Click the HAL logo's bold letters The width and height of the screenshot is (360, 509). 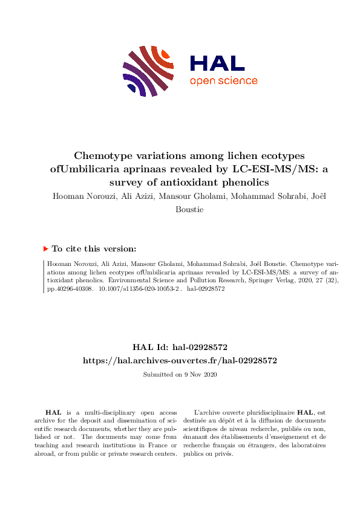coord(217,63)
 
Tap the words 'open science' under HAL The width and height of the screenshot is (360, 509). coord(223,81)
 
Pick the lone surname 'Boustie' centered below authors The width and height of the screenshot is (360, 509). coord(180,209)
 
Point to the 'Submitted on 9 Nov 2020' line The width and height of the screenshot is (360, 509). coord(180,375)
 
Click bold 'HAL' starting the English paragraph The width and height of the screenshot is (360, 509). coord(53,412)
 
